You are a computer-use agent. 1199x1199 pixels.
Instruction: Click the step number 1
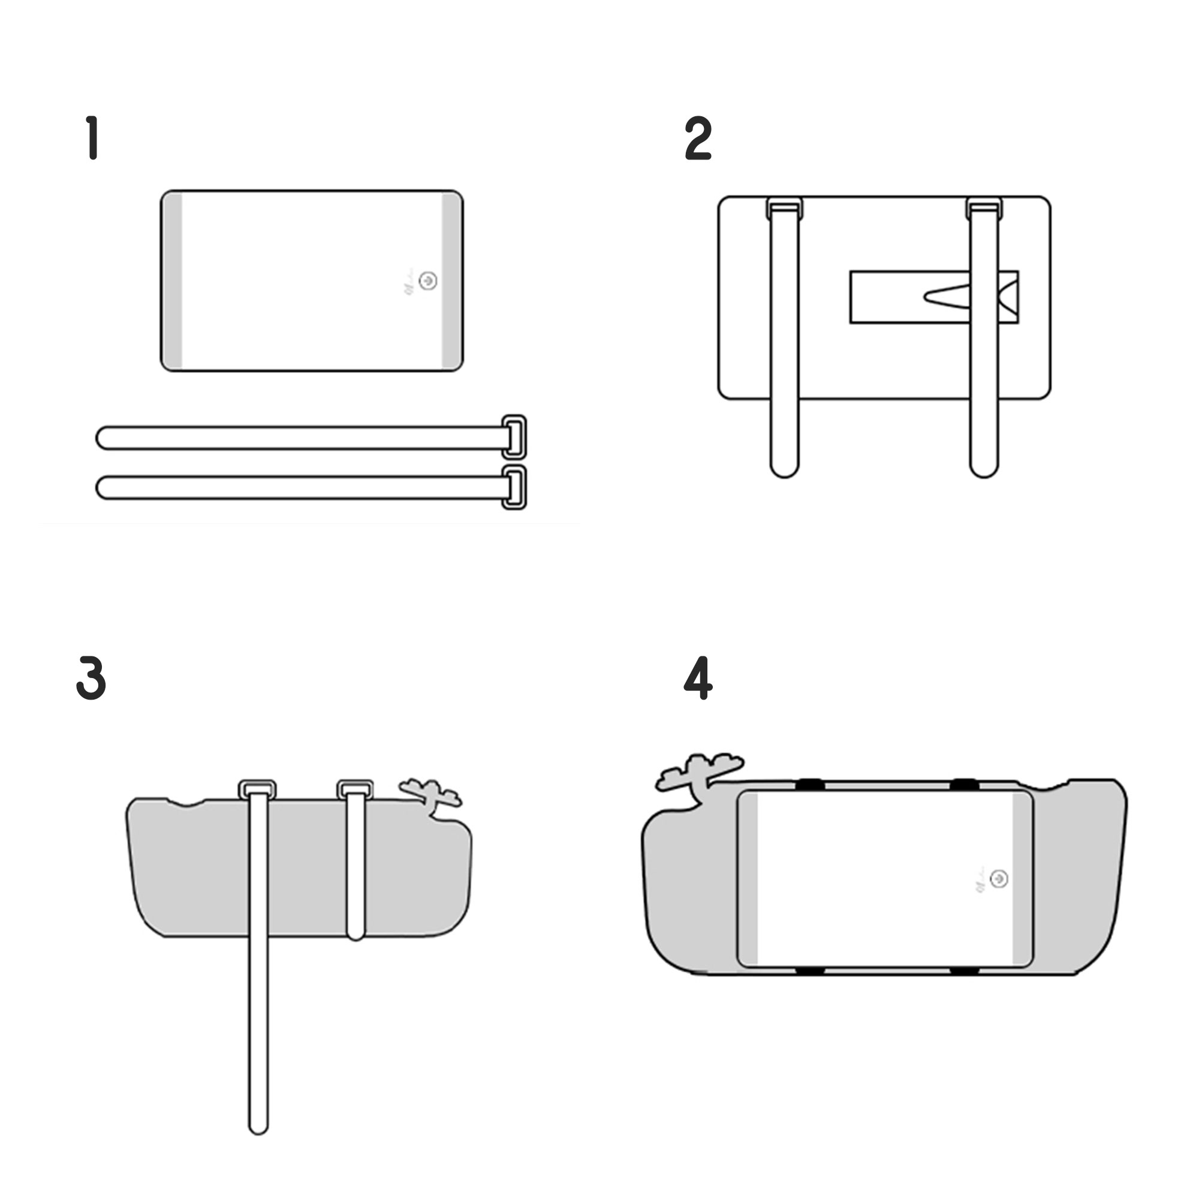tap(93, 137)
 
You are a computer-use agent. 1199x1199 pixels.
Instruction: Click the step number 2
tap(698, 138)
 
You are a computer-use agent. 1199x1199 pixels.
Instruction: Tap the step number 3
tap(91, 678)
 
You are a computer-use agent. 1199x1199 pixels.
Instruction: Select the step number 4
tap(698, 677)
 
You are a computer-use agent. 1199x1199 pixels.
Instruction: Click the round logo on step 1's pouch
tap(427, 281)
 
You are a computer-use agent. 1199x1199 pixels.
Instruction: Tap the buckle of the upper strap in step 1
tap(514, 437)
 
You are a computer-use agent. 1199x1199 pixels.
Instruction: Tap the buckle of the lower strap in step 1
tap(514, 487)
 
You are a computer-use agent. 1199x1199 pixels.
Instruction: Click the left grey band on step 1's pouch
tap(173, 281)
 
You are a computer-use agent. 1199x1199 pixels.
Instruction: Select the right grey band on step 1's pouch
tap(451, 281)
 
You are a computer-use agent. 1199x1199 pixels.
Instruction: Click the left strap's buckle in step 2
tap(784, 208)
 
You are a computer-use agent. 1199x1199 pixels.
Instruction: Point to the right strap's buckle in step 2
tap(984, 208)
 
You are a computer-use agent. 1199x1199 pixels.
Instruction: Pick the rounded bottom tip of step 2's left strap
tap(784, 468)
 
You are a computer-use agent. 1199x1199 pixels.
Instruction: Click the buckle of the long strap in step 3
tap(258, 790)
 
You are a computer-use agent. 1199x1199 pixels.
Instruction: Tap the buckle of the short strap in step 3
tap(355, 790)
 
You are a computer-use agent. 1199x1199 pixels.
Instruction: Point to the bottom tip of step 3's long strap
tap(258, 1125)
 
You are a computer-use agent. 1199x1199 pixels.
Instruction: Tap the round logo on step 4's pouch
tap(999, 879)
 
